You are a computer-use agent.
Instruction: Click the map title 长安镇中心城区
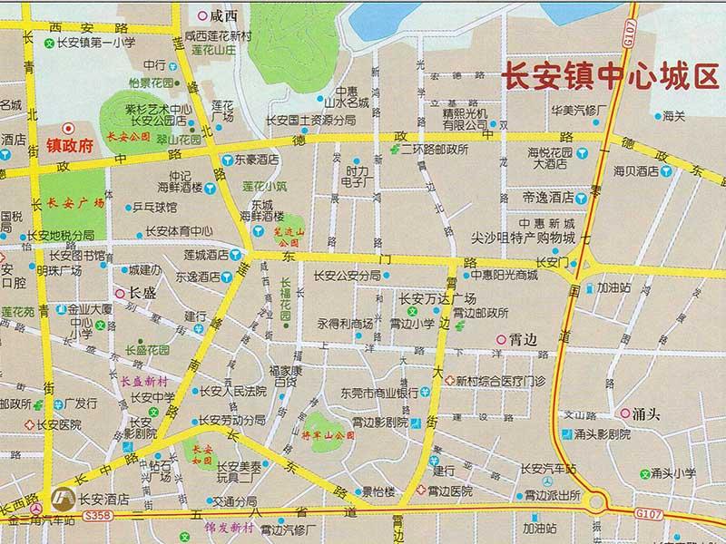(x=610, y=77)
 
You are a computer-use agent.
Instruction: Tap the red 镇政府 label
(x=69, y=144)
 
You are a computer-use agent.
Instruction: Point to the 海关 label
(x=672, y=116)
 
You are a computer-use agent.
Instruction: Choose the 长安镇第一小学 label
(x=95, y=41)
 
